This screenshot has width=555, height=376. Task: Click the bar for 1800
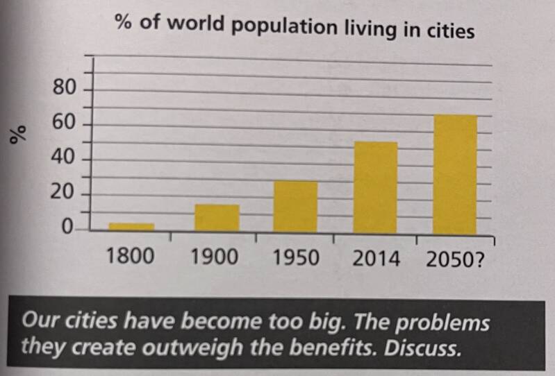pyautogui.click(x=131, y=226)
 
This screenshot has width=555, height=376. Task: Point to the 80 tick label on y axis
pyautogui.click(x=63, y=88)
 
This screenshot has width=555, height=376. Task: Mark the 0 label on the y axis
pyautogui.click(x=68, y=227)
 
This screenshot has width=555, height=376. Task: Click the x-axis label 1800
pyautogui.click(x=130, y=258)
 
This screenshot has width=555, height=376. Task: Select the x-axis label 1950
pyautogui.click(x=296, y=259)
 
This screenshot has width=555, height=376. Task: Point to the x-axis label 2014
pyautogui.click(x=376, y=259)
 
